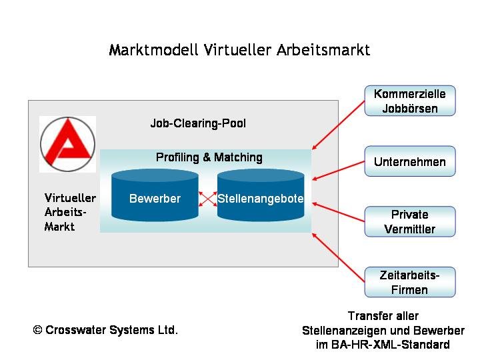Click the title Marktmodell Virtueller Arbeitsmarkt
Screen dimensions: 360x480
tap(239, 51)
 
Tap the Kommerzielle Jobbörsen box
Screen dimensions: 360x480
tap(409, 101)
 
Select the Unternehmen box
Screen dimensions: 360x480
tap(409, 161)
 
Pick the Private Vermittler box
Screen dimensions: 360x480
tap(409, 222)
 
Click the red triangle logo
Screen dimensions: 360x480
tap(67, 144)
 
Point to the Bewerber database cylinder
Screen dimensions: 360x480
tap(155, 195)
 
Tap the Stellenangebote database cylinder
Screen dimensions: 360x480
tap(261, 195)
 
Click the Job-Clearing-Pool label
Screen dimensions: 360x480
tap(198, 124)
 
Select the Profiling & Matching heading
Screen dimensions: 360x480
tap(209, 157)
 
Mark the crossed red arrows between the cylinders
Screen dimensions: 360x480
tap(208, 199)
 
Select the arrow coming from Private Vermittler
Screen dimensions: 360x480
tap(338, 211)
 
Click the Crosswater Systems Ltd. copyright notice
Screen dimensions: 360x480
tap(105, 330)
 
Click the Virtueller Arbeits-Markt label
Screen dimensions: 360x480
tap(69, 212)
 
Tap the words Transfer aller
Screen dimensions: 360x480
tap(383, 316)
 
